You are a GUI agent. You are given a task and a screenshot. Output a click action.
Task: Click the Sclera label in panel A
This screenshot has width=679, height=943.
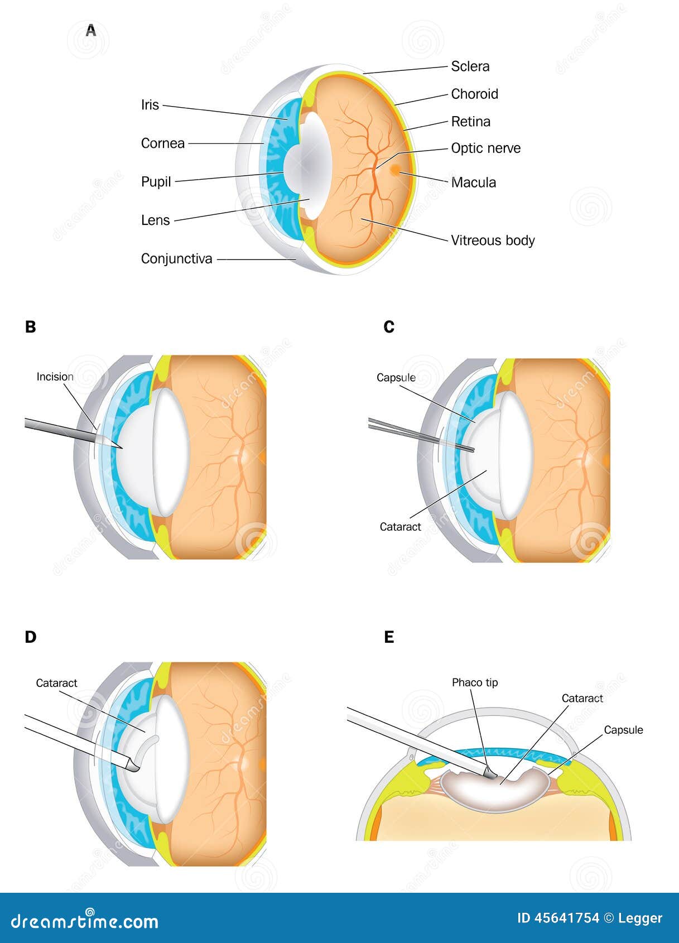[x=470, y=66]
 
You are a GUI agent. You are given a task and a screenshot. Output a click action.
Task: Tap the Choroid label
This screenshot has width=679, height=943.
[x=474, y=94]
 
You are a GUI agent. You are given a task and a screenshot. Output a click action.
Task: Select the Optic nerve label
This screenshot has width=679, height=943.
[x=485, y=148]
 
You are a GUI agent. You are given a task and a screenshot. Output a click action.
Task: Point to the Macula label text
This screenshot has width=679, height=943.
[x=473, y=182]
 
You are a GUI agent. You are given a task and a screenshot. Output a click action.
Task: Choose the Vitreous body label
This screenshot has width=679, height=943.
[x=493, y=240]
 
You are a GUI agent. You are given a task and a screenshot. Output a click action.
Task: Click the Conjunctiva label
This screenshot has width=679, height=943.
[x=176, y=259]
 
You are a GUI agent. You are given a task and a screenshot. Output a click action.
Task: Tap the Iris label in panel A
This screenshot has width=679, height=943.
[x=150, y=105]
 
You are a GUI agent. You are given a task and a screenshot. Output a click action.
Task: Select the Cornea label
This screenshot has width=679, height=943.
[x=162, y=143]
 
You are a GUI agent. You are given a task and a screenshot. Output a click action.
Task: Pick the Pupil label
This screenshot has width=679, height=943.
[x=156, y=182]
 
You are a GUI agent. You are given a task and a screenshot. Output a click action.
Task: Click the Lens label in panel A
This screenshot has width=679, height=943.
[x=155, y=220]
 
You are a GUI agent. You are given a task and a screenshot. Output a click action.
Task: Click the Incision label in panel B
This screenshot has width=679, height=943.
[x=55, y=377]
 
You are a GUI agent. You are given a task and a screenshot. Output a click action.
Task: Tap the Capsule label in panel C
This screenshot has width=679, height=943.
[x=396, y=378]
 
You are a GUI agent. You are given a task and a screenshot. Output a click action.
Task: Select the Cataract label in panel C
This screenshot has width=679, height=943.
[x=400, y=527]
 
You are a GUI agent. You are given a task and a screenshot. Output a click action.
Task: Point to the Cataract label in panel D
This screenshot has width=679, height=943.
[x=56, y=683]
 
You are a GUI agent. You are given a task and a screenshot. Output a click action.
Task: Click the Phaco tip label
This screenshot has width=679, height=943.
[x=475, y=682]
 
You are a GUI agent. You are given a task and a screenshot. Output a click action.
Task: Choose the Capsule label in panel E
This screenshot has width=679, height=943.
[x=623, y=730]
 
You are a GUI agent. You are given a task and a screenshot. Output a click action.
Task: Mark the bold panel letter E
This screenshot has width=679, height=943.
[x=389, y=637]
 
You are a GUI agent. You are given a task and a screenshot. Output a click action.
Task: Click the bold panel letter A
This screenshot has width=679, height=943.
[x=91, y=31]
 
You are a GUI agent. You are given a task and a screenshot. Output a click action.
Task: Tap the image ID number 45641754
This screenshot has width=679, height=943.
[x=567, y=918]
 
